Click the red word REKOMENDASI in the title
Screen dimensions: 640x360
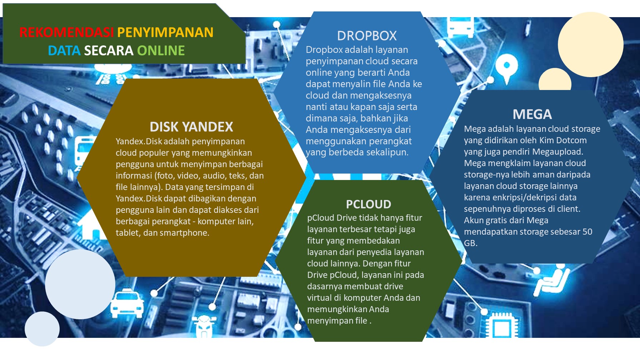pyautogui.click(x=66, y=32)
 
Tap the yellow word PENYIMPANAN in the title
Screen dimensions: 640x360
pyautogui.click(x=165, y=32)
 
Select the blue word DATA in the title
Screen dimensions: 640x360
pyautogui.click(x=64, y=51)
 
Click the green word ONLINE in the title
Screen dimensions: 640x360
pyautogui.click(x=161, y=51)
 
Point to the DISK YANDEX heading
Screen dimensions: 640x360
pyautogui.click(x=191, y=127)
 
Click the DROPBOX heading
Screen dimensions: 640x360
pyautogui.click(x=367, y=36)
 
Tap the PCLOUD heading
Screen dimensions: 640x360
pyautogui.click(x=369, y=204)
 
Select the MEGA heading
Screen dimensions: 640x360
pyautogui.click(x=532, y=114)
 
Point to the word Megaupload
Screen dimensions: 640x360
pyautogui.click(x=557, y=152)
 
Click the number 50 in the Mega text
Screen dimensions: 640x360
pyautogui.click(x=587, y=232)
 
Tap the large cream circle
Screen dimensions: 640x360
pyautogui.click(x=591, y=44)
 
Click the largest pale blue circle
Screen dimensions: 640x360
pyautogui.click(x=80, y=284)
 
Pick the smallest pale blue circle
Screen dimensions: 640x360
pyautogui.click(x=42, y=329)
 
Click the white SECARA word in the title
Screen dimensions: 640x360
pyautogui.click(x=109, y=51)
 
